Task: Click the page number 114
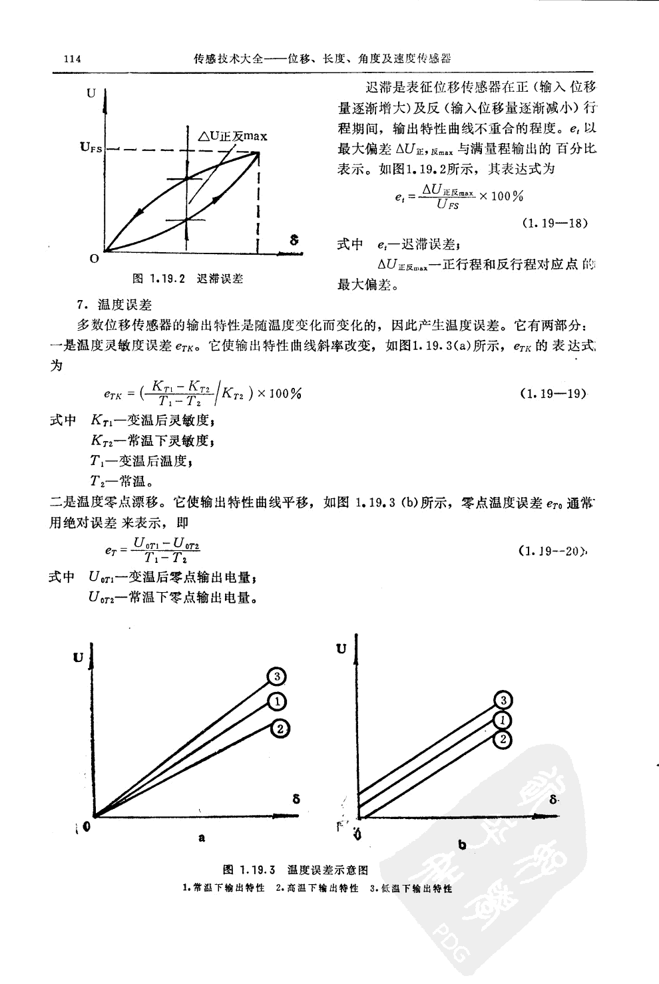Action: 71,59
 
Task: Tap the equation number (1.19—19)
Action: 552,393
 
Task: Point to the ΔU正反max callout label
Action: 233,136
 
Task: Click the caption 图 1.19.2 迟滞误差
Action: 188,278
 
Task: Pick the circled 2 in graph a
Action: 281,729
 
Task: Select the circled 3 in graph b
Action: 504,700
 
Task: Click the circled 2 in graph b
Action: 504,739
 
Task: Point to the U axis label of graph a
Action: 79,658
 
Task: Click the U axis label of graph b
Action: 341,648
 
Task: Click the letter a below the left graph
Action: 201,838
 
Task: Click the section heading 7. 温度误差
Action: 114,305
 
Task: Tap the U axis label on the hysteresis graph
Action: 91,93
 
